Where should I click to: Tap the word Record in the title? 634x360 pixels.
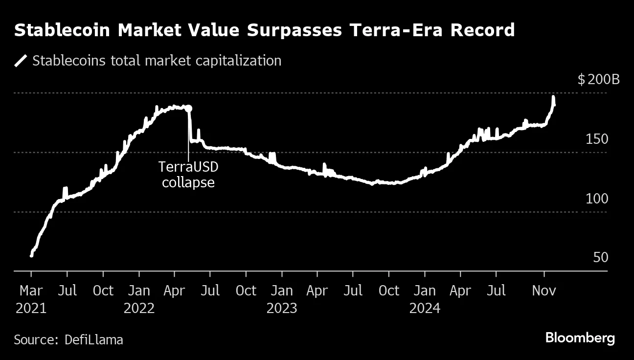[x=482, y=30]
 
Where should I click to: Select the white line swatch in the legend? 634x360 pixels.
[x=21, y=61]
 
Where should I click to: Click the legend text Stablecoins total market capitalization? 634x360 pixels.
[x=157, y=61]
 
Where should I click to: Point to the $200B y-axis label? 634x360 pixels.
[x=598, y=79]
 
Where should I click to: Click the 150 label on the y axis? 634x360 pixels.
[x=597, y=139]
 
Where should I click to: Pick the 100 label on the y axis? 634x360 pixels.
[x=597, y=199]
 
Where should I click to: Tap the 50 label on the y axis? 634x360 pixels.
[x=600, y=258]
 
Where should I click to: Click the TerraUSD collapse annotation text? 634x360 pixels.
[x=188, y=175]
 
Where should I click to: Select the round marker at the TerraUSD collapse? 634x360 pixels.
[x=189, y=109]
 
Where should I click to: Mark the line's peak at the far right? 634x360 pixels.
[x=553, y=97]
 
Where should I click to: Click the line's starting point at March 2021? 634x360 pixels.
[x=31, y=255]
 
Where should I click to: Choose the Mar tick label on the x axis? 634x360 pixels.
[x=31, y=291]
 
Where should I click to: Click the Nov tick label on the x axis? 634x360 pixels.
[x=544, y=291]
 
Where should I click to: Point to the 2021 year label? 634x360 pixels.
[x=31, y=309]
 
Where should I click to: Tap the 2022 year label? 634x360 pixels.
[x=139, y=309]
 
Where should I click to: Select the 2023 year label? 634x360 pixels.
[x=282, y=309]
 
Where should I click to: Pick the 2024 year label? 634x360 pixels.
[x=425, y=309]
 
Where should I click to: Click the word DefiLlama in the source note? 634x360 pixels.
[x=94, y=339]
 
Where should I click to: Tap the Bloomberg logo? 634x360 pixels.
[x=580, y=338]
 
